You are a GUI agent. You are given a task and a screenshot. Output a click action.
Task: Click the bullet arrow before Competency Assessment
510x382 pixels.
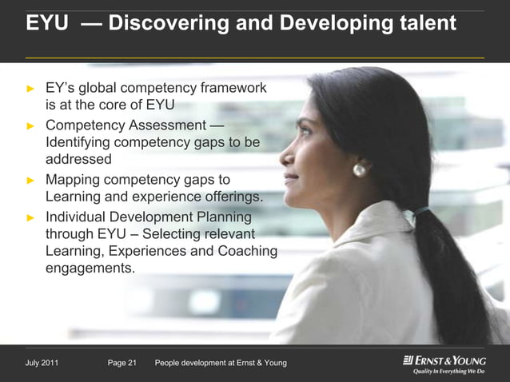(31, 125)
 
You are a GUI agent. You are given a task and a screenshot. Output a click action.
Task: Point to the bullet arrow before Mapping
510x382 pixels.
(31, 180)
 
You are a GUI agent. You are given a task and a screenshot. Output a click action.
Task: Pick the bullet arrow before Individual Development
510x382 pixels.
(31, 217)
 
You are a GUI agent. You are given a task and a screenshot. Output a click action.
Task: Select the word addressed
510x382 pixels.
(78, 160)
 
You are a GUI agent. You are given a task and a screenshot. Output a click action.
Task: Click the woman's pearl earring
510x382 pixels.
(359, 169)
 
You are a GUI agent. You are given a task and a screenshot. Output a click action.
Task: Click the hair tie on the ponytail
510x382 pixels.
(418, 212)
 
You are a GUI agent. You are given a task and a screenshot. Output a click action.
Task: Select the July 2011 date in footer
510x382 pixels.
(42, 364)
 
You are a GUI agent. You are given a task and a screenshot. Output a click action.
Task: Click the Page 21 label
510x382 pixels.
(122, 364)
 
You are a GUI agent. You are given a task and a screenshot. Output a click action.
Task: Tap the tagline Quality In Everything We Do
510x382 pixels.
(448, 372)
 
